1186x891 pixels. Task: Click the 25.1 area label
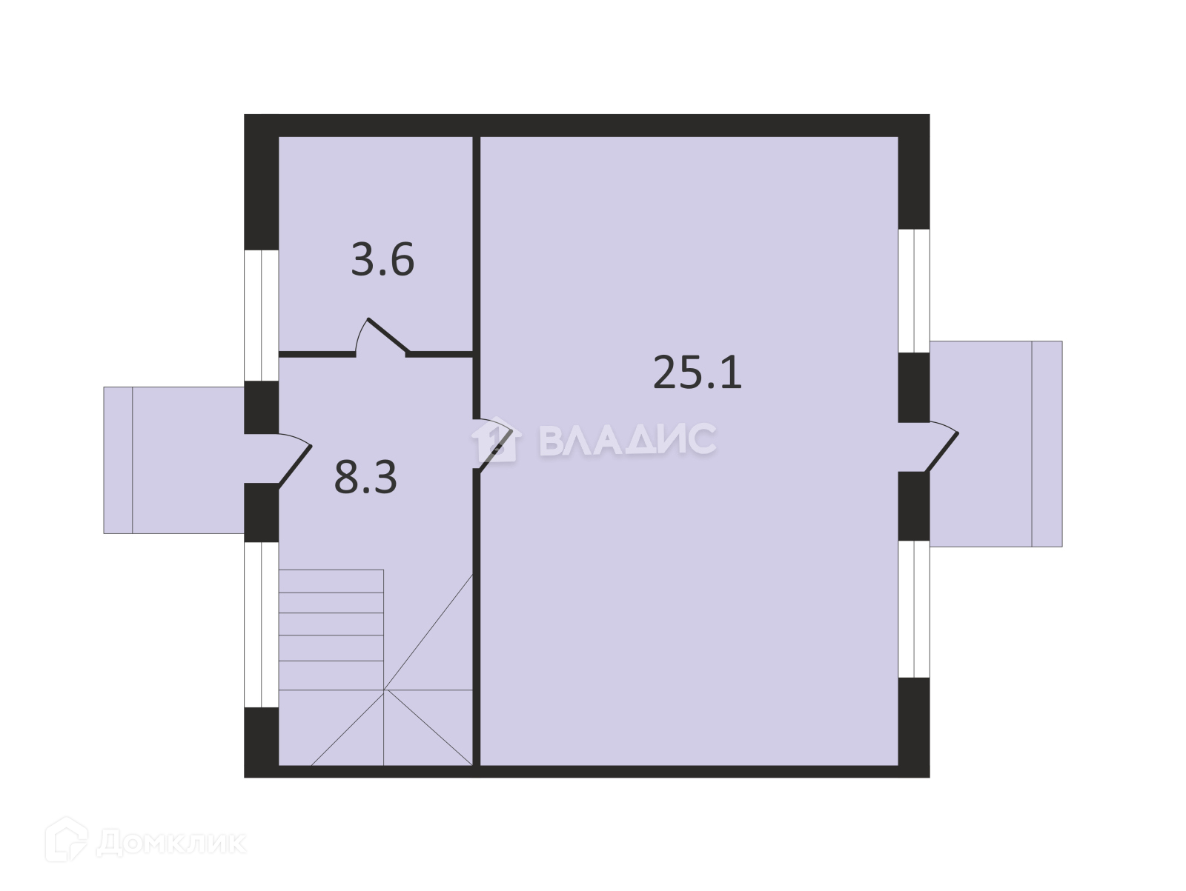pyautogui.click(x=697, y=372)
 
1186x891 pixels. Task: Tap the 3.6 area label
pyautogui.click(x=382, y=259)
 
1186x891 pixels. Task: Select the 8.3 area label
pyautogui.click(x=365, y=477)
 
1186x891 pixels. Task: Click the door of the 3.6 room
pyautogui.click(x=387, y=335)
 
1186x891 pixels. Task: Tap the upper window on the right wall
pyautogui.click(x=914, y=291)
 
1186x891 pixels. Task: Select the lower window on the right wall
pyautogui.click(x=914, y=609)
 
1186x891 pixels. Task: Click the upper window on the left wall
pyautogui.click(x=262, y=316)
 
